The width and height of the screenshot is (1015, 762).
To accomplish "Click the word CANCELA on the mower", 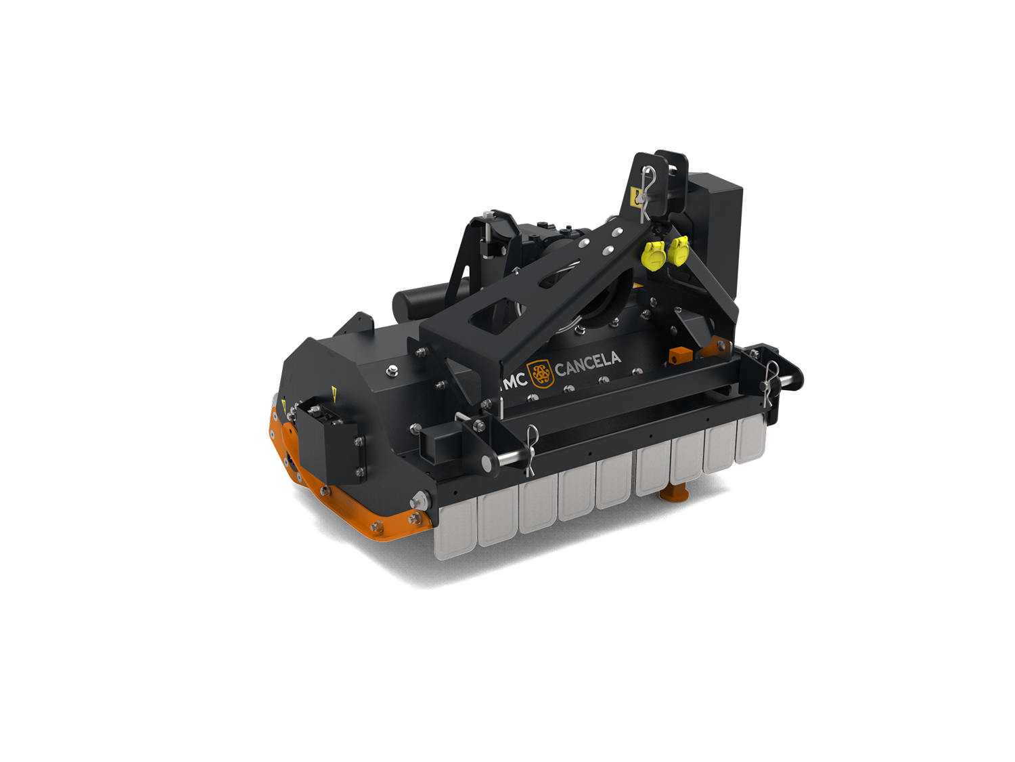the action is pos(588,363).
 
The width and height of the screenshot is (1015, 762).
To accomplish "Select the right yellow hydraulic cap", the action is pos(679,251).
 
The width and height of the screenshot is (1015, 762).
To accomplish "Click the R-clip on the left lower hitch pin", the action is pos(531,450).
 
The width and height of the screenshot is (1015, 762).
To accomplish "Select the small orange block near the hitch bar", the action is pos(681,356).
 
